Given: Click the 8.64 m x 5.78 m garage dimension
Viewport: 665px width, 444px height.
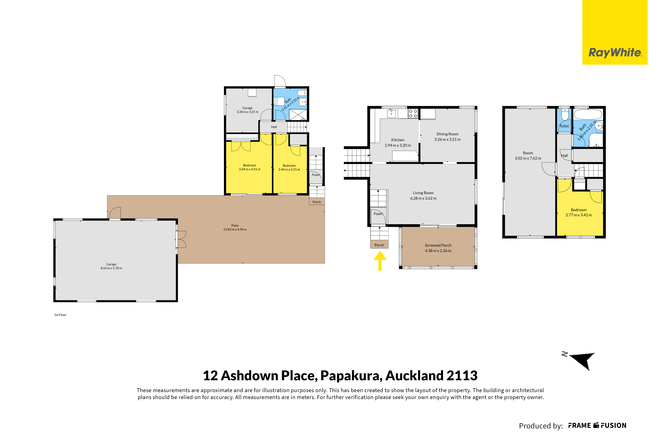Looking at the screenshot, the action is pos(111,268).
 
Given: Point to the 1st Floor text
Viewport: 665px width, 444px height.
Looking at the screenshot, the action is pos(60,315).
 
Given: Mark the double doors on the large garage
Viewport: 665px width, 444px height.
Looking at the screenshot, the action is pos(181,239).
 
